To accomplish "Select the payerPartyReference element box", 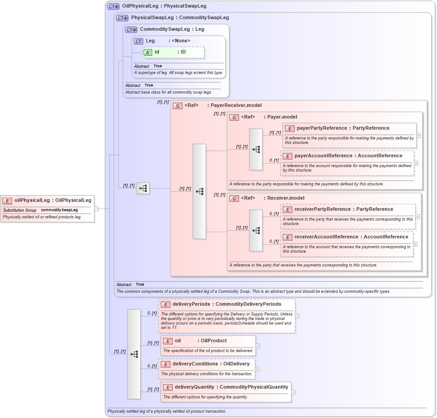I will tap(343, 128).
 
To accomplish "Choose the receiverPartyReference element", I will tap(344, 209).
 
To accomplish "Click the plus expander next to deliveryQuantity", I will tap(293, 392).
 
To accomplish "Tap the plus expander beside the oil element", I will tap(258, 345).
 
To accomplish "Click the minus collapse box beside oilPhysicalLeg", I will tap(96, 209).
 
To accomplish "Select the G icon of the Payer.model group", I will tap(234, 117).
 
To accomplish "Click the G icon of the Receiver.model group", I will tap(234, 198).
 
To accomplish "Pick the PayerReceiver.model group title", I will tap(236, 106).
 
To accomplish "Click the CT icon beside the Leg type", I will tap(139, 41).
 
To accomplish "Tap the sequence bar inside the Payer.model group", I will tap(256, 149).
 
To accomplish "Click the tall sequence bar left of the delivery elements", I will tap(134, 354).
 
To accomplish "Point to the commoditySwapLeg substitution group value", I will tap(59, 210).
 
